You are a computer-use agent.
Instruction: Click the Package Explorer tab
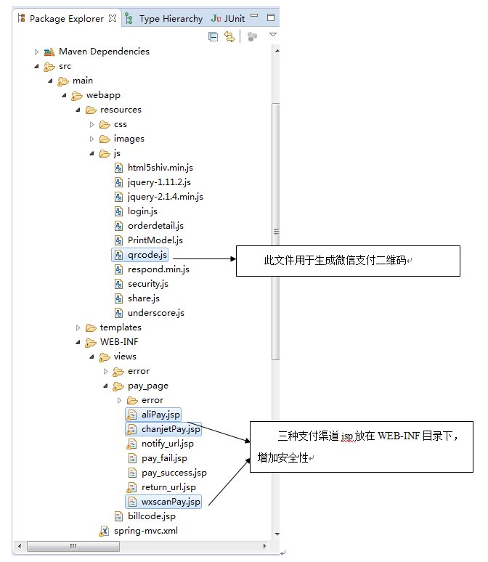(x=66, y=18)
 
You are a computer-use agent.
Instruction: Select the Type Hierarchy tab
(x=170, y=18)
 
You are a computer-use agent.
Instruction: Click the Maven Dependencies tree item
(x=104, y=52)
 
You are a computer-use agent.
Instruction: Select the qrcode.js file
(x=147, y=255)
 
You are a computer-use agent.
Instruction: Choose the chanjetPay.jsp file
(x=170, y=429)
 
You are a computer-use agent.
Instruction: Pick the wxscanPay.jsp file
(x=171, y=502)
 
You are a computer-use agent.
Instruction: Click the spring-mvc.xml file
(x=145, y=531)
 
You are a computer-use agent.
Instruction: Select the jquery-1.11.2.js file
(x=158, y=182)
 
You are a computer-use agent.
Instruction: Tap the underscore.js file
(x=155, y=313)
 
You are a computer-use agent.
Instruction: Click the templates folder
(x=121, y=327)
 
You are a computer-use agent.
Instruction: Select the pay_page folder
(x=147, y=386)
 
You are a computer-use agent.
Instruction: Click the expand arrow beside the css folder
(x=91, y=124)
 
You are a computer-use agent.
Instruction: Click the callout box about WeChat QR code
(x=347, y=261)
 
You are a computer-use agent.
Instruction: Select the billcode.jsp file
(x=151, y=516)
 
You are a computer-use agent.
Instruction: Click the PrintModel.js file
(x=155, y=240)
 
